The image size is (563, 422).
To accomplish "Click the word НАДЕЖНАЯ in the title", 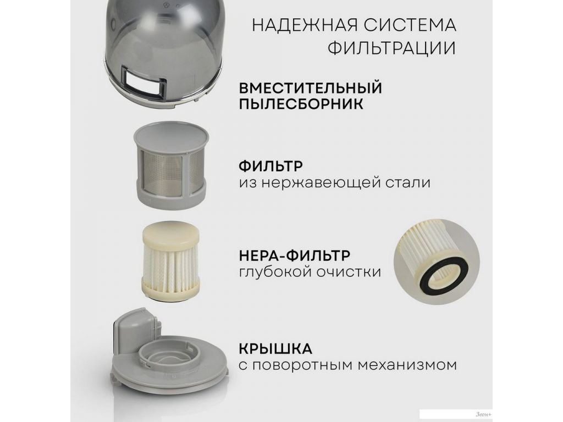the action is [x=305, y=25].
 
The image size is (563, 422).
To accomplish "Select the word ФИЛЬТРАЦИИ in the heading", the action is [x=391, y=48].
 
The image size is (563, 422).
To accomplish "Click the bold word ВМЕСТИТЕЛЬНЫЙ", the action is [x=310, y=88].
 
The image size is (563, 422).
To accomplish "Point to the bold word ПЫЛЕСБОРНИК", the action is [x=301, y=104].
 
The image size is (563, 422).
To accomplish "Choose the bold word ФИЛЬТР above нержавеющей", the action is [x=271, y=166].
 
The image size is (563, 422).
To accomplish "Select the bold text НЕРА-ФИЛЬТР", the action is [x=295, y=256].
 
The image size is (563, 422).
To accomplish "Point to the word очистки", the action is [x=349, y=272].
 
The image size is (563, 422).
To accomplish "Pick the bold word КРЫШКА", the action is [x=275, y=348].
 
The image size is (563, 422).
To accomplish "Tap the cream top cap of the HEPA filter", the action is [x=170, y=236].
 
